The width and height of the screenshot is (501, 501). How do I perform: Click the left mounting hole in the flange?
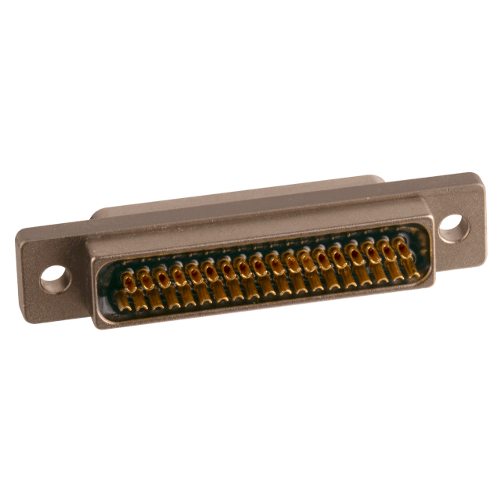point(54,275)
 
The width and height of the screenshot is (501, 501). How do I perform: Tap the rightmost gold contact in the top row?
point(402,246)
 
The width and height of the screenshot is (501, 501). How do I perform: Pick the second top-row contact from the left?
point(145,275)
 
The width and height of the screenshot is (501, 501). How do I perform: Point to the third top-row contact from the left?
point(161,273)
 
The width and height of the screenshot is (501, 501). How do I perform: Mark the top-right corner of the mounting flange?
point(473,174)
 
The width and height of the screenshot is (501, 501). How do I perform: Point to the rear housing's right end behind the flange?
point(383,181)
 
